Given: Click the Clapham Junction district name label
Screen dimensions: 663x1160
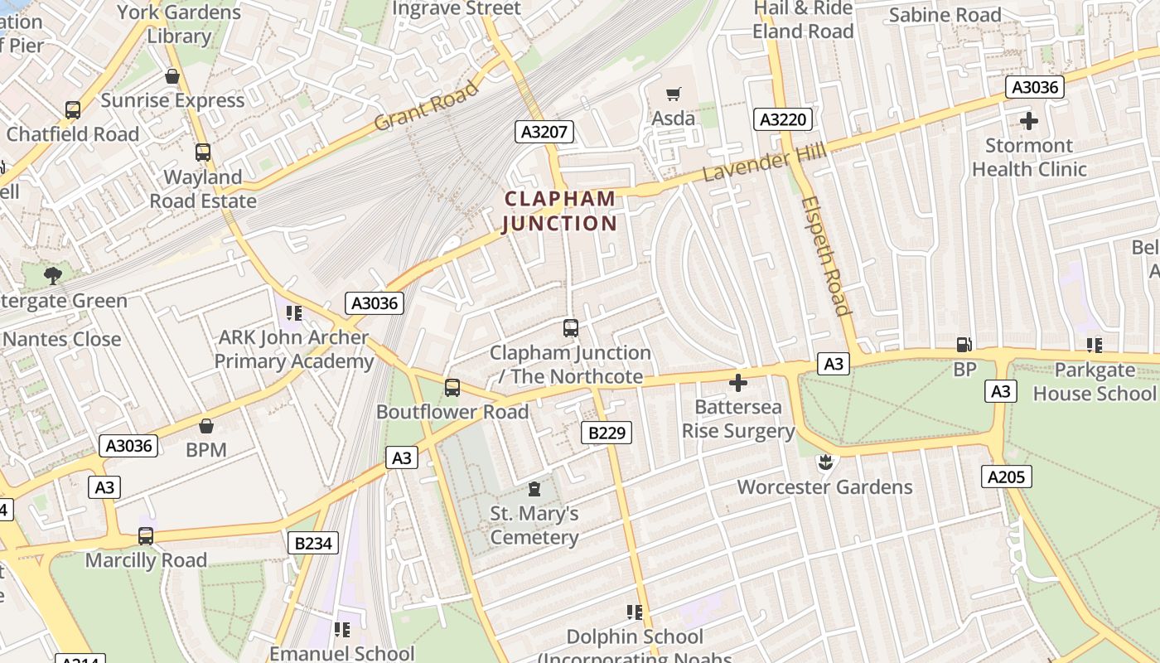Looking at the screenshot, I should pyautogui.click(x=560, y=211).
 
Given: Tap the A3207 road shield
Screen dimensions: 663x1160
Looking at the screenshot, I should pyautogui.click(x=544, y=131).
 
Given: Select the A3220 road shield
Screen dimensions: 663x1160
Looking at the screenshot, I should pyautogui.click(x=783, y=119).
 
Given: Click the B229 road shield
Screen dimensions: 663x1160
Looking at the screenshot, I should pyautogui.click(x=607, y=432).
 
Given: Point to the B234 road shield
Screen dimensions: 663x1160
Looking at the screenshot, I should pyautogui.click(x=313, y=543).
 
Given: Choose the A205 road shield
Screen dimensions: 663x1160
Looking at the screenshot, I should pyautogui.click(x=1007, y=476).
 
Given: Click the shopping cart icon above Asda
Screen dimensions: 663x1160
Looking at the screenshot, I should pyautogui.click(x=674, y=94).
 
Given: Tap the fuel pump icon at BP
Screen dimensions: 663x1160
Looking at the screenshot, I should pyautogui.click(x=964, y=345).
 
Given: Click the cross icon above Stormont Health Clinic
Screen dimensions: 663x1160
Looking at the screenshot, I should pyautogui.click(x=1029, y=121).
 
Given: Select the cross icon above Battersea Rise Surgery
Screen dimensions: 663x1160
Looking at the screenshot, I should pyautogui.click(x=737, y=383).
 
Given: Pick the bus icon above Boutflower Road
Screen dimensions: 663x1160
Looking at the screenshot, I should pyautogui.click(x=452, y=387).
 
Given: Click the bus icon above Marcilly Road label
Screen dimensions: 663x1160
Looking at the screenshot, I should pyautogui.click(x=146, y=535).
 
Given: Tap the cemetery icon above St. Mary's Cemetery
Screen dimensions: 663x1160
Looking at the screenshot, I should pyautogui.click(x=534, y=489).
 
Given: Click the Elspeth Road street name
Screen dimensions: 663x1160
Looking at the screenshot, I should pyautogui.click(x=826, y=256).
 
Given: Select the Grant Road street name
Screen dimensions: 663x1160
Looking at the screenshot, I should pyautogui.click(x=426, y=105).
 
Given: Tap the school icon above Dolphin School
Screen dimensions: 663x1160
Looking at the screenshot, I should pyautogui.click(x=635, y=612).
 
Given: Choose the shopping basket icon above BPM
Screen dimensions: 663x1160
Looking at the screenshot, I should pyautogui.click(x=206, y=426).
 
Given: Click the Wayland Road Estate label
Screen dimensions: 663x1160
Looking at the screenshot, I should pyautogui.click(x=203, y=189).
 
